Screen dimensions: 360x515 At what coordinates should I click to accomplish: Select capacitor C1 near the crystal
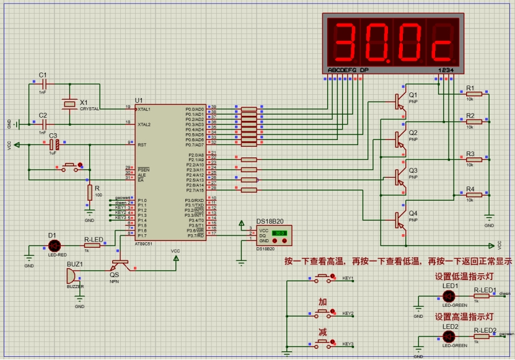click(x=43, y=83)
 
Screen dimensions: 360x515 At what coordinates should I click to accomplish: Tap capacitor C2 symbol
click(x=43, y=123)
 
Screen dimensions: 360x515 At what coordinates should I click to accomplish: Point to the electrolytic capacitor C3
click(x=54, y=145)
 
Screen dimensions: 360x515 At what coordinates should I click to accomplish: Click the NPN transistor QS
click(x=117, y=263)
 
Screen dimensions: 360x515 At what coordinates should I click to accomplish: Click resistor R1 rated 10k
click(x=473, y=94)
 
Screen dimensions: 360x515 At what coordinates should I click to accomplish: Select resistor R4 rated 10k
click(x=473, y=195)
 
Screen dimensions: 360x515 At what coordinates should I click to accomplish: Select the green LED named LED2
click(x=449, y=336)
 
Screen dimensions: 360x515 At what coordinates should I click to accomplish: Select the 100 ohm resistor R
click(x=89, y=193)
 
